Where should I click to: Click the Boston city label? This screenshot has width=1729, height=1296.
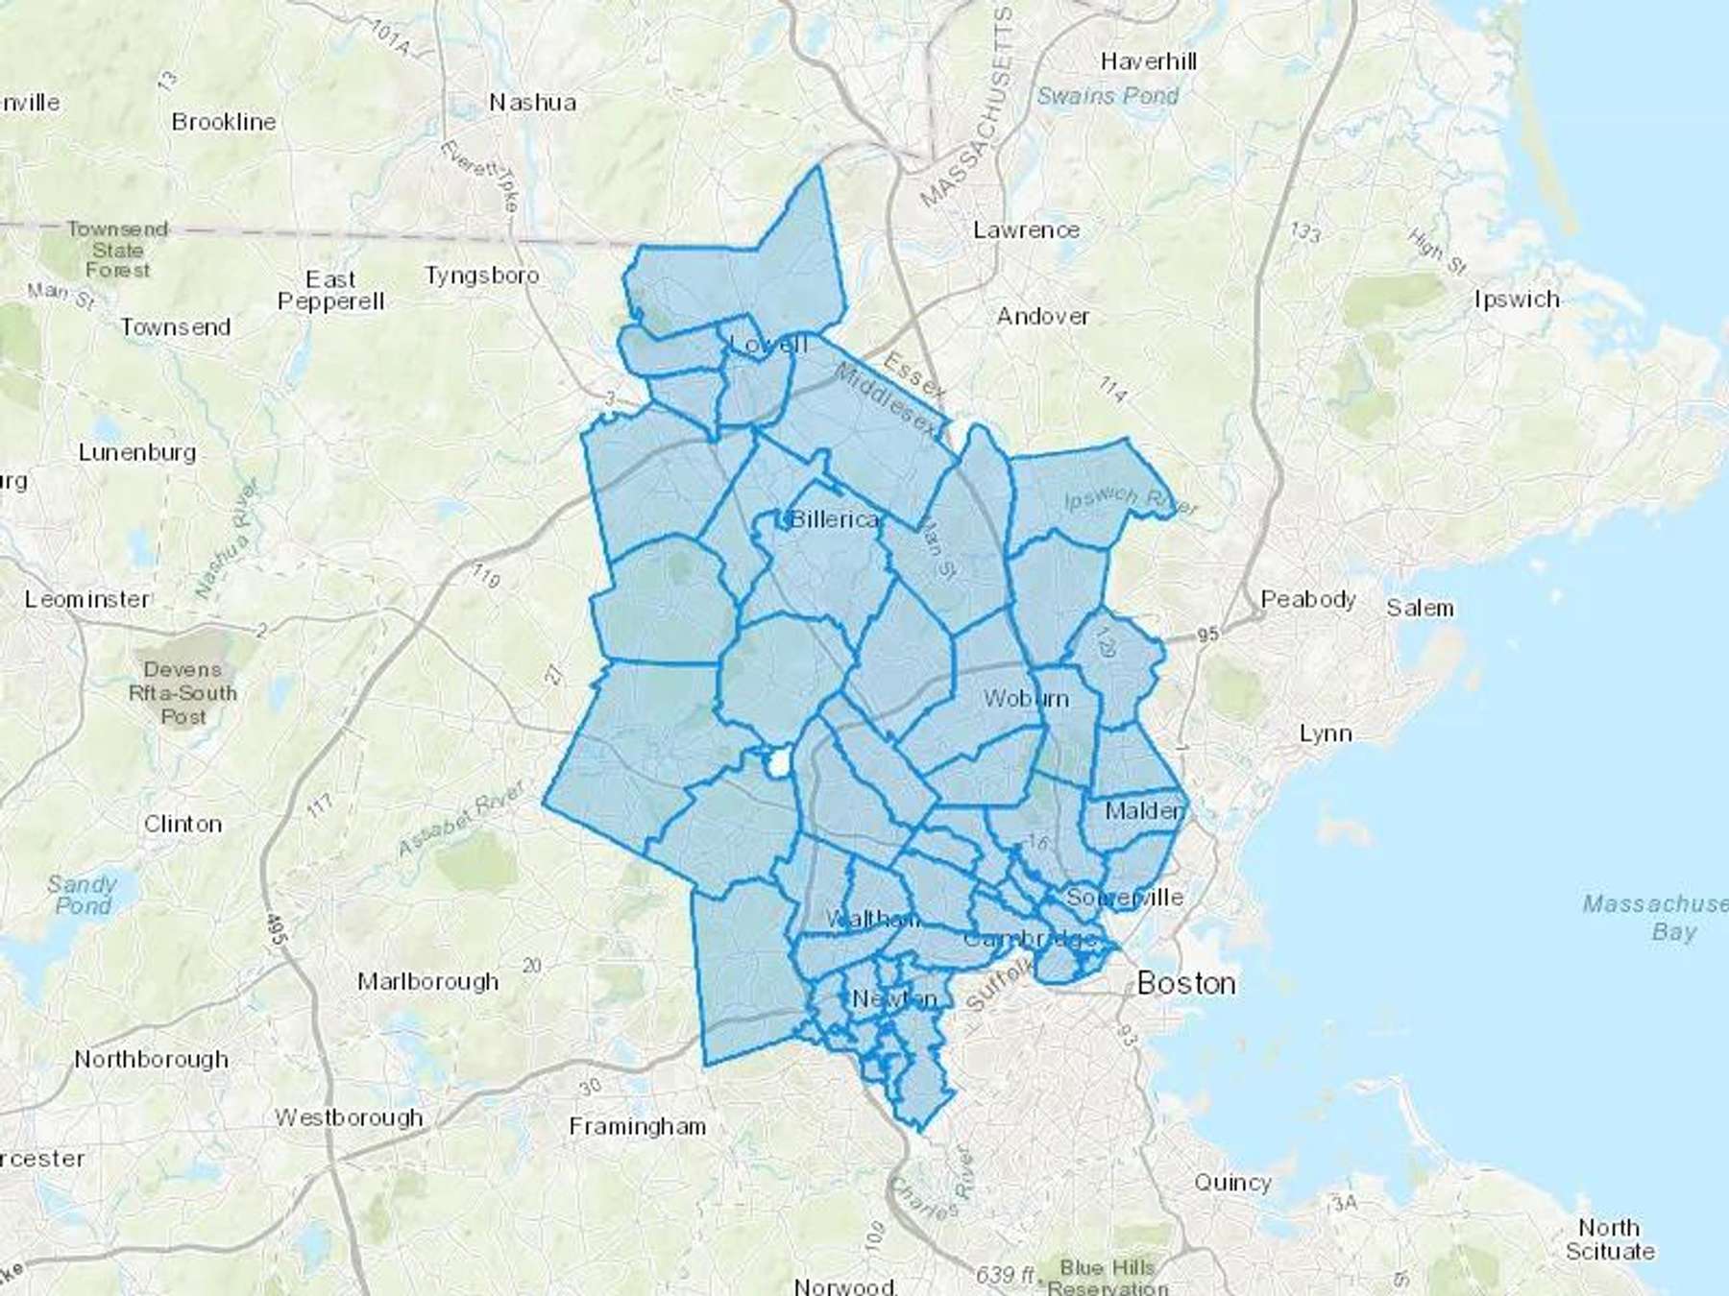[x=1185, y=983]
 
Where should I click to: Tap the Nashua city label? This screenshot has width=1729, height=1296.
[x=532, y=102]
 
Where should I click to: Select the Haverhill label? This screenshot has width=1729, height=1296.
[x=1148, y=61]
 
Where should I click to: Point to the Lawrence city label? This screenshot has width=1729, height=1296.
[x=1026, y=230]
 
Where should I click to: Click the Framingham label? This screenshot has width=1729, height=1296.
[x=637, y=1126]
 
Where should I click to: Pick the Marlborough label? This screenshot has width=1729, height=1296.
[x=427, y=981]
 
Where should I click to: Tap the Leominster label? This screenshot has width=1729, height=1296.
[x=87, y=599]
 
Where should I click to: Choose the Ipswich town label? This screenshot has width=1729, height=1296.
[x=1517, y=300]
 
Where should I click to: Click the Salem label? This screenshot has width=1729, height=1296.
[x=1419, y=608]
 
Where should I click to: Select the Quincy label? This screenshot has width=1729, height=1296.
[x=1232, y=1183]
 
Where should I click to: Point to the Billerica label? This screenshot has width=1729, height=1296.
[x=834, y=519]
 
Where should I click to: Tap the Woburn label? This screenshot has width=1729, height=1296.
[x=1026, y=698]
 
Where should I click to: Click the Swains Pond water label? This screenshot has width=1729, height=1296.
[x=1108, y=96]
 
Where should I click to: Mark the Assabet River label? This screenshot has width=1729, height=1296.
[x=461, y=818]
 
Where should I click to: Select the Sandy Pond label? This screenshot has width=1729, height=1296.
[x=83, y=895]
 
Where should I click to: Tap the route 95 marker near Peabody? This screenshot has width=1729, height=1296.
[x=1207, y=635]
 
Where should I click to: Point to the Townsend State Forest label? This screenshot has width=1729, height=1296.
[x=117, y=250]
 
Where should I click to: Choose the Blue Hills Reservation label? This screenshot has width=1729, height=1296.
[x=1108, y=1278]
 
